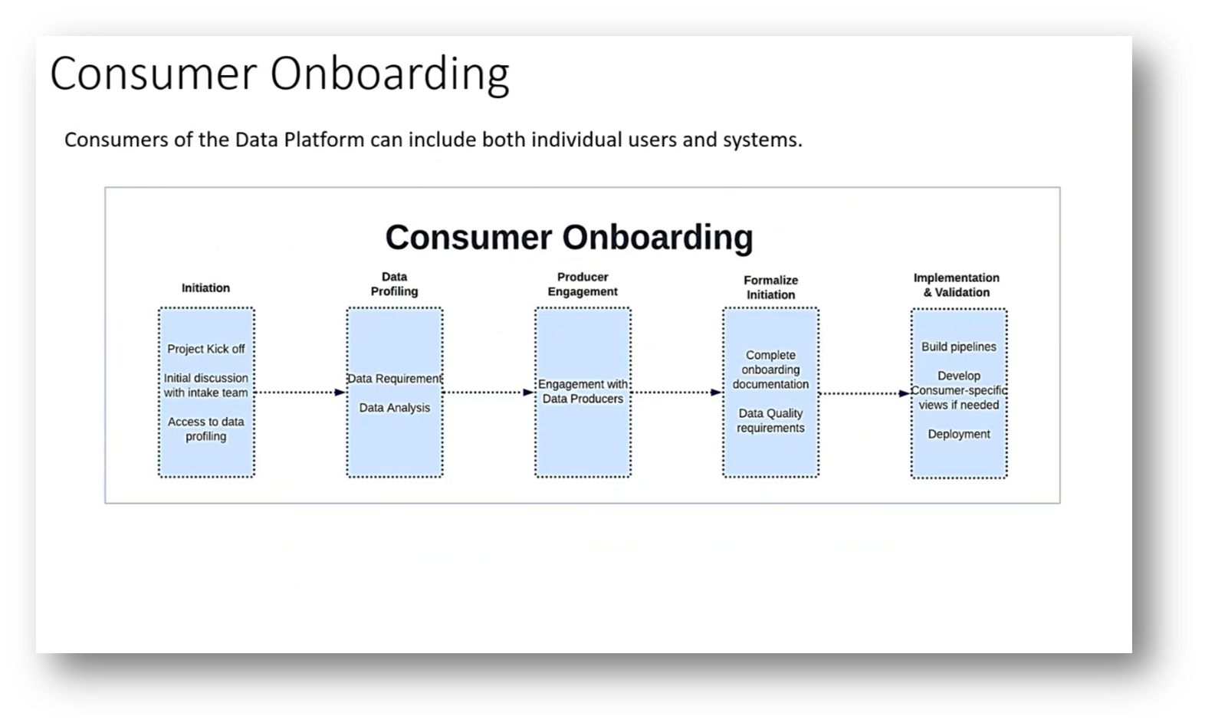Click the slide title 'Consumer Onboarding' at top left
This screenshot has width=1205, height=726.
279,74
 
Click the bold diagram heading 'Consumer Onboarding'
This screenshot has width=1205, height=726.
569,237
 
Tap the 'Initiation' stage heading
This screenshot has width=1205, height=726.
205,288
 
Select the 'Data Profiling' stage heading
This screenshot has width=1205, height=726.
394,284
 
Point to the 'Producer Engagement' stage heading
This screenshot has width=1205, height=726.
583,284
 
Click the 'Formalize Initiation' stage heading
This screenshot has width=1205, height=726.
770,287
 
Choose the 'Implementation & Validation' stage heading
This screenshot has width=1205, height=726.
957,285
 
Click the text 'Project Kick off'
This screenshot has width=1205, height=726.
206,349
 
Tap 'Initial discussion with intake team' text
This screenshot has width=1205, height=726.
206,386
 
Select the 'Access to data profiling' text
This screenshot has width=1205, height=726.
206,429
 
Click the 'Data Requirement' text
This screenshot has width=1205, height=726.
395,379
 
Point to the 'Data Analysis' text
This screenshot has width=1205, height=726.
395,408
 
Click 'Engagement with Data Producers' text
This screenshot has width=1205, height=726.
583,392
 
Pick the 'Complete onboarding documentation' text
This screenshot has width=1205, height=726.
770,370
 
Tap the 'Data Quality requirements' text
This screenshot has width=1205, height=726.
770,421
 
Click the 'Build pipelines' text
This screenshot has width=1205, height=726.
959,347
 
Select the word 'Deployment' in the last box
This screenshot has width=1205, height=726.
959,434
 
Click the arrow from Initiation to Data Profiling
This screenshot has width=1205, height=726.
300,393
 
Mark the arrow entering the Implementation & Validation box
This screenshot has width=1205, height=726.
865,393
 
